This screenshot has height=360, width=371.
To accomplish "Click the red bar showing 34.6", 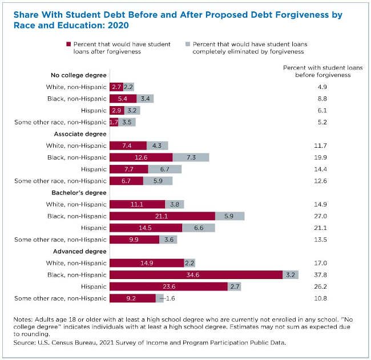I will click(x=196, y=275).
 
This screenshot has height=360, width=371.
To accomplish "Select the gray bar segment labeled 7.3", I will click(x=191, y=157).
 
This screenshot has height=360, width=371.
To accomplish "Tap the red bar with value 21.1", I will click(x=162, y=216).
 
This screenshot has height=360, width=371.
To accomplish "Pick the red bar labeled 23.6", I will click(x=168, y=286).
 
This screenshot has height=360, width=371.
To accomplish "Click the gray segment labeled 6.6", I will click(x=199, y=228).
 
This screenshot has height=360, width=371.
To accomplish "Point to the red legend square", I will click(x=68, y=43).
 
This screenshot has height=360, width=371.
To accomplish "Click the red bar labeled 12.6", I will click(x=140, y=157).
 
